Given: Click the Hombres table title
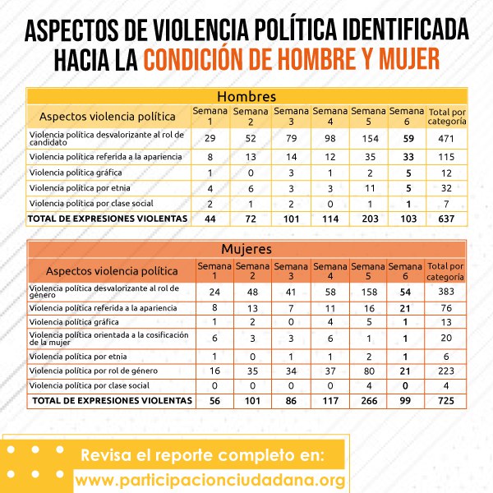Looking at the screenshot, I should (246, 96).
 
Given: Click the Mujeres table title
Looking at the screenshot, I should (247, 249).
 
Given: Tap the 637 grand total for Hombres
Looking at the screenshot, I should (446, 219).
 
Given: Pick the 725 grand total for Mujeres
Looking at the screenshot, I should (446, 400).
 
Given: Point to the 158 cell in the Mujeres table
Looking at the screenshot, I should (369, 291).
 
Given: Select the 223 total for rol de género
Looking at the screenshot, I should (446, 371).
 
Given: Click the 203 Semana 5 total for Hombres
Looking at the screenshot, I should (369, 219).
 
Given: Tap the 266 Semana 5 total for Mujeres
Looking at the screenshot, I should (369, 400).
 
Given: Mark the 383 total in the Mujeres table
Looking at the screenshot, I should (446, 291).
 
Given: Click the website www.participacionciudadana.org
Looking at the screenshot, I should (209, 479).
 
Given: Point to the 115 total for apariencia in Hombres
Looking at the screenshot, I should (446, 156).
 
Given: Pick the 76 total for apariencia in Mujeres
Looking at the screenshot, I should (446, 308).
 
